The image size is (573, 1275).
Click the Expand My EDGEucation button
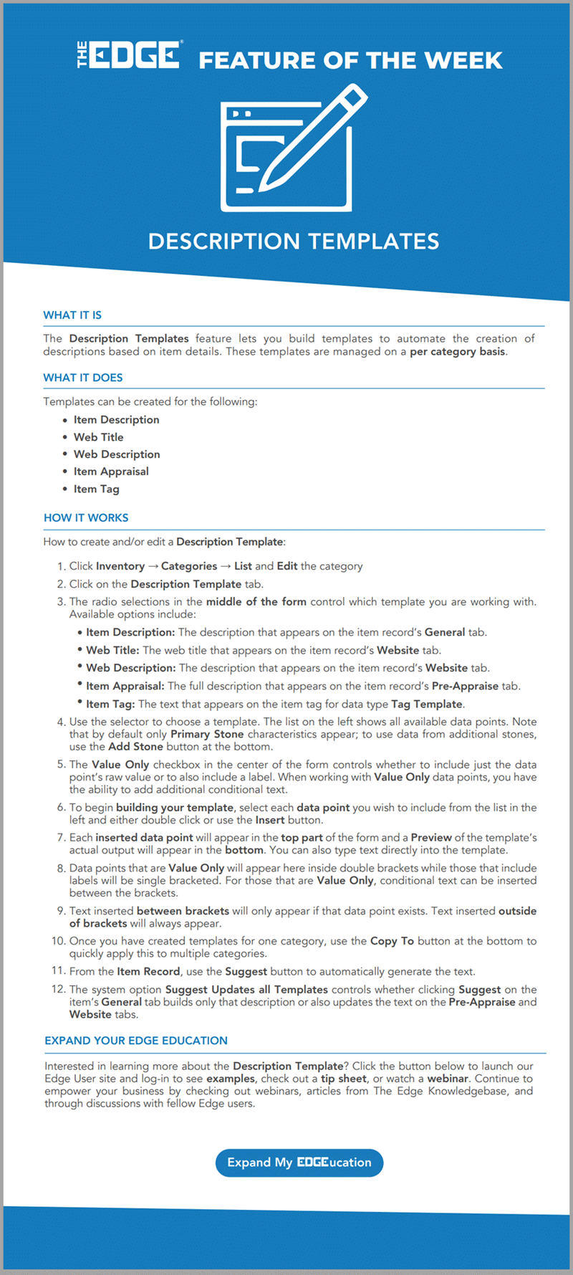pos(299,1162)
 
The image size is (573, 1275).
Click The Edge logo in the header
pos(130,55)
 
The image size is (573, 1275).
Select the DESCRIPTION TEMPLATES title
pos(294,242)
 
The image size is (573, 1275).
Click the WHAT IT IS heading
pos(72,315)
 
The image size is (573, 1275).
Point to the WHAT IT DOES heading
pos(83,378)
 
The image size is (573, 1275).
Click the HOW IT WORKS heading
pos(86,517)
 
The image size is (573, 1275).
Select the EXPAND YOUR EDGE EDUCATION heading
pos(136,1041)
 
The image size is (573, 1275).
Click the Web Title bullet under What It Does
pos(98,437)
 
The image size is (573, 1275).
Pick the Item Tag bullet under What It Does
pos(96,489)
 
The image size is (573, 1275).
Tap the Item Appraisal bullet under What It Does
pos(111,472)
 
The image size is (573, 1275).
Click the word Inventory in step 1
pos(120,566)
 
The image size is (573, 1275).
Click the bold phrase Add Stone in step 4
pos(135,746)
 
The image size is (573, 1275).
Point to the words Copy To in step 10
pos(392,941)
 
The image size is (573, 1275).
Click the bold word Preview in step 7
pos(431,837)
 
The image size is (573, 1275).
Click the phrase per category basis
pos(457,352)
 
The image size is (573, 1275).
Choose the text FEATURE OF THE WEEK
pos(350,60)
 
